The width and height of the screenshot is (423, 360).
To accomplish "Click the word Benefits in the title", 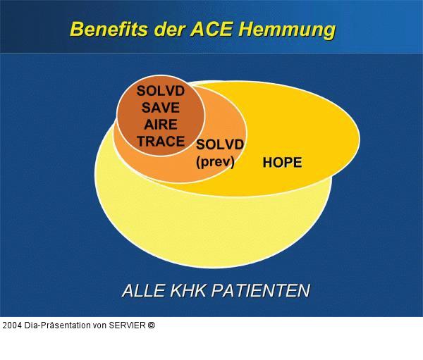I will point(109,30).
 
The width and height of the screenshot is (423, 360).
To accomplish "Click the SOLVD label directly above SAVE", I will point(161,92).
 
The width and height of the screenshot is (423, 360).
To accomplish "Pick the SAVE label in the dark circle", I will point(161,108).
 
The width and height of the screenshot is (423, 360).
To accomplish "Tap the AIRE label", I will point(161,125).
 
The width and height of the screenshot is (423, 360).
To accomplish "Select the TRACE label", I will point(161,141).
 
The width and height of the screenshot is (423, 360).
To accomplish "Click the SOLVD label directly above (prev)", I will point(220,144).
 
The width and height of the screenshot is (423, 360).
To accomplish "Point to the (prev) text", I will point(216,161).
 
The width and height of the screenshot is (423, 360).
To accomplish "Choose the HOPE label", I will point(282,163).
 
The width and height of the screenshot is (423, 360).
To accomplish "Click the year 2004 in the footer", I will point(11,325).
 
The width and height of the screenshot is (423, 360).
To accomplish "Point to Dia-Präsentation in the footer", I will point(57,325).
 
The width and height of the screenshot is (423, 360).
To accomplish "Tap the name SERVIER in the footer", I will point(128,325).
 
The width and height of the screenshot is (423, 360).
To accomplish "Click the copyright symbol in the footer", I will point(151,325).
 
